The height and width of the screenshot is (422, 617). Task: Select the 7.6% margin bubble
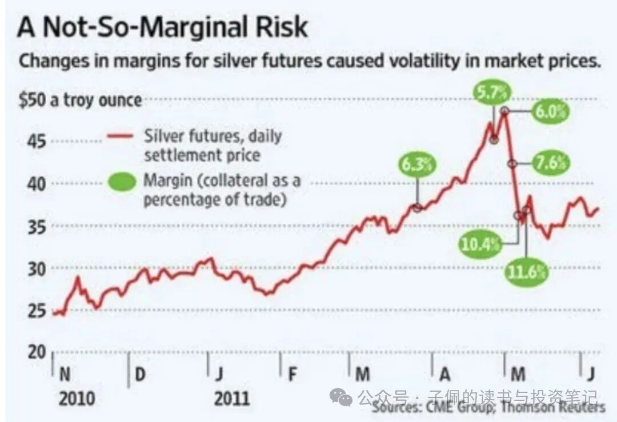click(x=551, y=163)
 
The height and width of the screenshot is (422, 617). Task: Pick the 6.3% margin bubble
click(x=418, y=165)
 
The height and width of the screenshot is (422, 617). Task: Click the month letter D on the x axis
click(x=140, y=374)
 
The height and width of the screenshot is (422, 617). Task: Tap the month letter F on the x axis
click(x=293, y=374)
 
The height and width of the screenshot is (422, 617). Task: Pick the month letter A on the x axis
click(x=444, y=374)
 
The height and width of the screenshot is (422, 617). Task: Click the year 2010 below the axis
click(x=77, y=397)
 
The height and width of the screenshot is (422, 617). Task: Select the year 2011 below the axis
click(x=232, y=397)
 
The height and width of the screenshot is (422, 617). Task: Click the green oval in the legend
click(x=121, y=182)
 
